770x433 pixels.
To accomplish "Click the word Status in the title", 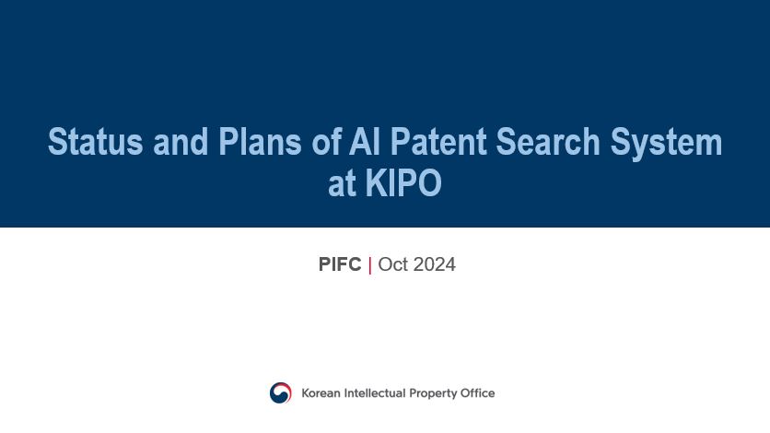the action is coord(95,141).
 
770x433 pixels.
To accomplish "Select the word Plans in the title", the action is coord(260,141).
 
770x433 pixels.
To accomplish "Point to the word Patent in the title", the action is coord(438,141).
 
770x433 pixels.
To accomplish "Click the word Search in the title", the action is coord(547,141).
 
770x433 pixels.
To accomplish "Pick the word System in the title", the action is coord(666,143).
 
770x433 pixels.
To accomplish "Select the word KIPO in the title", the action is coord(403,183).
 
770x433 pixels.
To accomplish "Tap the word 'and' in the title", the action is coord(181,141).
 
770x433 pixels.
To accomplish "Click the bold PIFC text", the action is coord(340,264).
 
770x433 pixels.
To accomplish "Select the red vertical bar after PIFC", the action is coord(369,265).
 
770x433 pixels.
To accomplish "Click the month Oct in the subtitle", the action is coord(393,264).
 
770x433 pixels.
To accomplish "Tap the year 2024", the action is coord(434,264).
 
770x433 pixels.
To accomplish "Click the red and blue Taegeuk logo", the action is coord(280,392).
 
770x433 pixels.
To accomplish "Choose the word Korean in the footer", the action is coord(321,393).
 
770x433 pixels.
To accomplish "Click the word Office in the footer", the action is coord(477,393).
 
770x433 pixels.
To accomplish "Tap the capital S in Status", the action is coord(56,141).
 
